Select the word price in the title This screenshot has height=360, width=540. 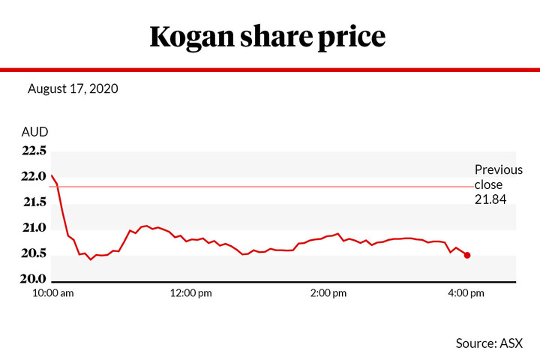(x=357, y=37)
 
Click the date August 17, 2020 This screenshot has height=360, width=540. (x=73, y=88)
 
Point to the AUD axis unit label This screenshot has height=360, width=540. (x=34, y=132)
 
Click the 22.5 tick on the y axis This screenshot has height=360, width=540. (x=34, y=151)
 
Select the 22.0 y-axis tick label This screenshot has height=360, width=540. (x=34, y=176)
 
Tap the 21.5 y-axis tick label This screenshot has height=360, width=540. (x=34, y=202)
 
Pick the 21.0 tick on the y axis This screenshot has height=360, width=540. (x=34, y=227)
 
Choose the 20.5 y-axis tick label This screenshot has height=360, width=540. (x=34, y=253)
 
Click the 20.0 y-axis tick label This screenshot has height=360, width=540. (x=34, y=279)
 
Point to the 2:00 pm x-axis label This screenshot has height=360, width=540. (x=328, y=293)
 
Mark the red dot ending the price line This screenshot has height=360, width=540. (x=467, y=255)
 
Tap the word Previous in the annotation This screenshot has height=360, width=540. (x=499, y=169)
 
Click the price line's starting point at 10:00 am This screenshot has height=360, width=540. (x=52, y=175)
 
